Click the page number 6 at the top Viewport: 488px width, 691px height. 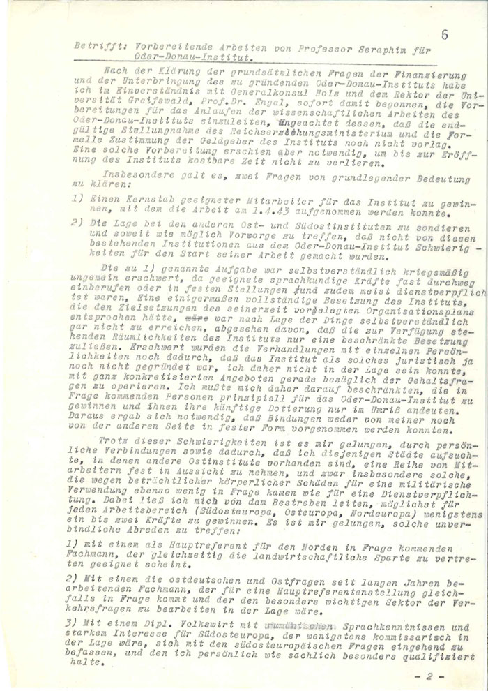445,31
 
